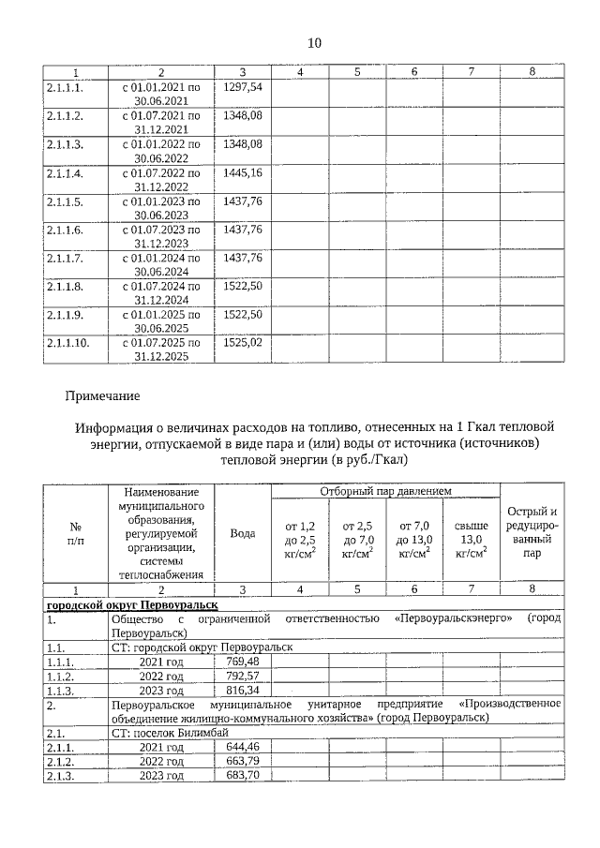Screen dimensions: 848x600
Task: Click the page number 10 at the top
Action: pos(314,43)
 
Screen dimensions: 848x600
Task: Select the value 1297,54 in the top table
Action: pos(243,87)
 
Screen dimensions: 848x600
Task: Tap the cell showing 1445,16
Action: pos(243,173)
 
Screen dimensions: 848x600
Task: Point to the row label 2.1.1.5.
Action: pos(65,201)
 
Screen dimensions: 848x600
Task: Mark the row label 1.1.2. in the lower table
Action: pos(63,675)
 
